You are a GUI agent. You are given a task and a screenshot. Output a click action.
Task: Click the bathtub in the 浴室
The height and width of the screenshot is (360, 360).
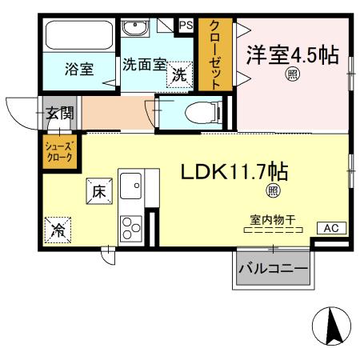[x=80, y=36]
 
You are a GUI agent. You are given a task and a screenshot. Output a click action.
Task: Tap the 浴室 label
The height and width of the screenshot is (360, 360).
[x=79, y=69]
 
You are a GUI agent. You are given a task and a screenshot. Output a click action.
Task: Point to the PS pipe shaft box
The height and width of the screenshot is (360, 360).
[x=186, y=26]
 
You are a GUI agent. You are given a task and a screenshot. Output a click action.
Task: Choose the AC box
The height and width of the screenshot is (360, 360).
[x=330, y=228]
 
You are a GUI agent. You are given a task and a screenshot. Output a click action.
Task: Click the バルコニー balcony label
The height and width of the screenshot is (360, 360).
[x=273, y=270]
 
